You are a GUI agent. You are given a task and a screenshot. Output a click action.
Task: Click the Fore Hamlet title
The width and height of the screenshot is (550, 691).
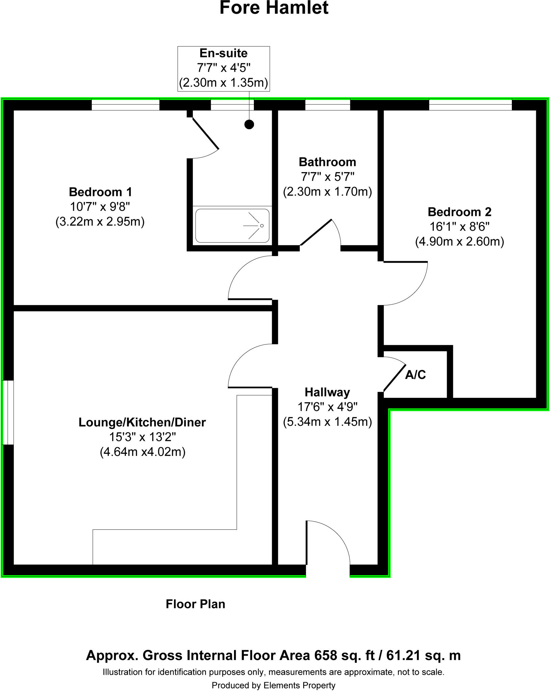click(x=274, y=8)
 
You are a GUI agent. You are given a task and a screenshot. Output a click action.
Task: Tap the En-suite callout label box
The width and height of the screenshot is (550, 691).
click(x=224, y=68)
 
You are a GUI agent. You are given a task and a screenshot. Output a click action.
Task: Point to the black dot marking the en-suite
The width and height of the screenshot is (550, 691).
click(x=249, y=125)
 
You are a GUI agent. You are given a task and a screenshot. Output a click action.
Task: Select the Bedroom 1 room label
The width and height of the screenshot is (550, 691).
click(x=100, y=192)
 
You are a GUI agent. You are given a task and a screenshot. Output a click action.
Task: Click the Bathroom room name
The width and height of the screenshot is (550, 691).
click(x=327, y=162)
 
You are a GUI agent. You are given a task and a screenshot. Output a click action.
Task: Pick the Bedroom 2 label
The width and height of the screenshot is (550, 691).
click(x=459, y=212)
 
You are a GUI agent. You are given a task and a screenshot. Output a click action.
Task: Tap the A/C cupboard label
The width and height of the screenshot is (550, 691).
click(x=415, y=375)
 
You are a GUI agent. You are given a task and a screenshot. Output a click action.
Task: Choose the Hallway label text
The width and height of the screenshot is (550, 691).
click(x=327, y=392)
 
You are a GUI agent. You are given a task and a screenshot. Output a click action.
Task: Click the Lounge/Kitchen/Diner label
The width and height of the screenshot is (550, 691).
click(x=142, y=422)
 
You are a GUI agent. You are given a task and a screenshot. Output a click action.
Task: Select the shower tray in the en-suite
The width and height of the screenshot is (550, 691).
click(x=232, y=225)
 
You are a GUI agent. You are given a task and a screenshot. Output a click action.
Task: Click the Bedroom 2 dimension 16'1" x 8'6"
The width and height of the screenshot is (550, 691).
click(x=459, y=227)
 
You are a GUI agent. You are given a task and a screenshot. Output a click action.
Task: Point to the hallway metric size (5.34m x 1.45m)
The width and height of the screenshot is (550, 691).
click(x=327, y=422)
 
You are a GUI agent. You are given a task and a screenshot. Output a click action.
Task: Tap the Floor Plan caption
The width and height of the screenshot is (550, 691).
click(x=195, y=604)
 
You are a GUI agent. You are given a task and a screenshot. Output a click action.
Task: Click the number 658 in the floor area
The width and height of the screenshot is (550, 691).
click(x=325, y=655)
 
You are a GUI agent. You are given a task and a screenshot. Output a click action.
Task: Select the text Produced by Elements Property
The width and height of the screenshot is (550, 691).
click(x=273, y=685)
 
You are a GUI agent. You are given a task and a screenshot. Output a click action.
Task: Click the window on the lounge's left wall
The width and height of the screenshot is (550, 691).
click(x=8, y=412)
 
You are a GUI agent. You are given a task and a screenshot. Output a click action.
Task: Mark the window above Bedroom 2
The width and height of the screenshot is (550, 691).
click(x=470, y=105)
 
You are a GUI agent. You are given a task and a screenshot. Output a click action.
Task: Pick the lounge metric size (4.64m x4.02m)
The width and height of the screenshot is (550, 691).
click(x=142, y=452)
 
